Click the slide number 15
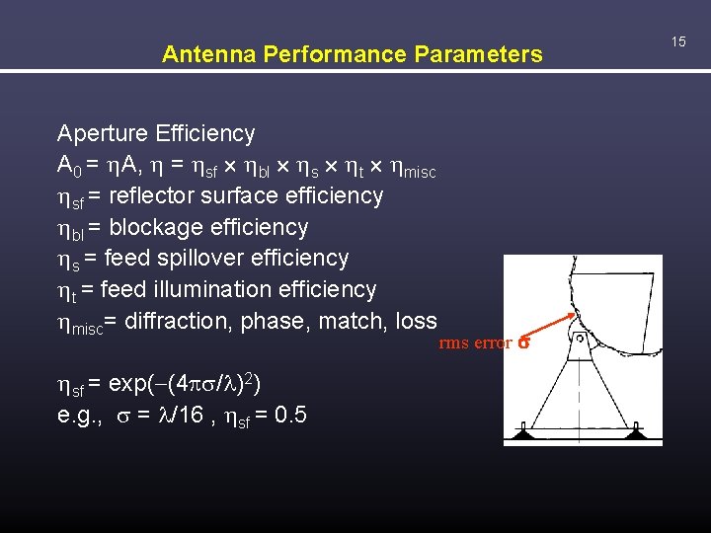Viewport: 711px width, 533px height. coord(678,41)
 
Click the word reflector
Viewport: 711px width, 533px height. coord(154,195)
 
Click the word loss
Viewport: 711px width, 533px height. coord(416,322)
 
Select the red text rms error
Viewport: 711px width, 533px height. coord(475,343)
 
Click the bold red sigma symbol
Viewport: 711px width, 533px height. coord(524,344)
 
